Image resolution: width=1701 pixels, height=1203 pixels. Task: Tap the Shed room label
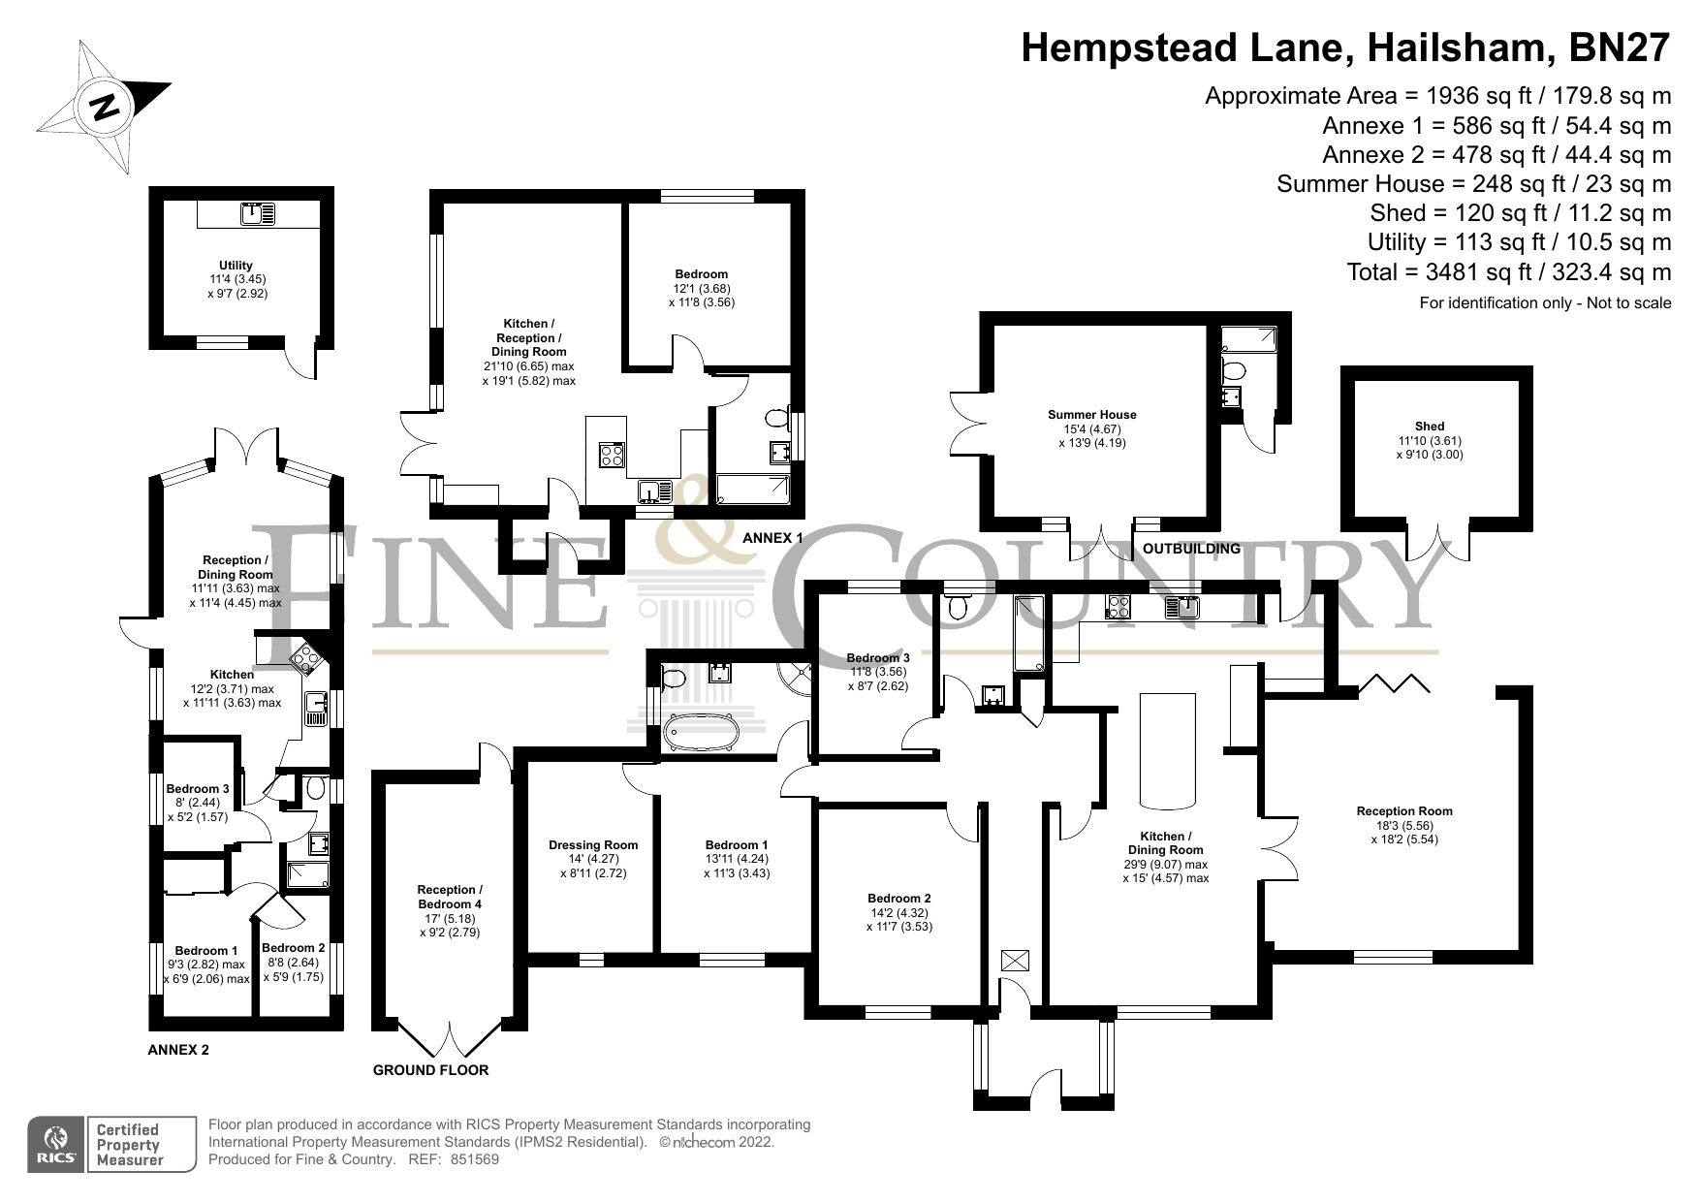click(x=1429, y=426)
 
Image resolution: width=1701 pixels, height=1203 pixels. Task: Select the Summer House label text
click(x=1091, y=415)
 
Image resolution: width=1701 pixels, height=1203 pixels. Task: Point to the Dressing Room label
click(x=593, y=844)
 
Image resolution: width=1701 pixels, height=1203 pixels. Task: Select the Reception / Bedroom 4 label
click(x=449, y=897)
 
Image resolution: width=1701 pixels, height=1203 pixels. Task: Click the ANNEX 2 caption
click(x=177, y=1050)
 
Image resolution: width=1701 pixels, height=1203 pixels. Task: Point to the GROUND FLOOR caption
click(x=430, y=1070)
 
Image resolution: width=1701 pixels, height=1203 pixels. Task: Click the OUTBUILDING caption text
click(x=1191, y=549)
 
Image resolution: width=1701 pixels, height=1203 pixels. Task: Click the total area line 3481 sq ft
click(x=1508, y=272)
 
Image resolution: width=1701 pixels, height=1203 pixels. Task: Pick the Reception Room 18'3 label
click(x=1403, y=811)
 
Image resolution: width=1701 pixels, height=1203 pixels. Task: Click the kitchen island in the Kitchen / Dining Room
click(x=1169, y=749)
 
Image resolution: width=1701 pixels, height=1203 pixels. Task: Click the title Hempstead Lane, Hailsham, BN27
click(x=1346, y=47)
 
